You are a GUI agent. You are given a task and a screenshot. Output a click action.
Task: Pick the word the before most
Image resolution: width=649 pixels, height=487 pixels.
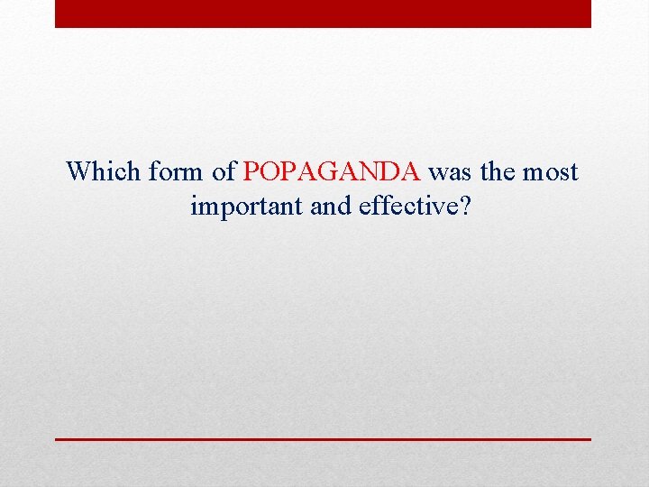point(497,171)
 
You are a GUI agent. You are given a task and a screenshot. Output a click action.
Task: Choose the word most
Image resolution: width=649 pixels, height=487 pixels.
point(552,171)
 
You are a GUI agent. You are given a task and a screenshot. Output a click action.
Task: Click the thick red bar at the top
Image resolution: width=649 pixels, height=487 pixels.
point(323,14)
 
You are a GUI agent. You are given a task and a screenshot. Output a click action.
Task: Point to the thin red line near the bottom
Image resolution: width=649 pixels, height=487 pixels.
point(323,438)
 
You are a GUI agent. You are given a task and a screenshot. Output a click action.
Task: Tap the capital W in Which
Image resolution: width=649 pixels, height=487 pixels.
point(78,171)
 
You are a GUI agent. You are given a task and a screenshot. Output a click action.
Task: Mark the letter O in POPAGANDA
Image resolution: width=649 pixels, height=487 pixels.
point(267,171)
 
